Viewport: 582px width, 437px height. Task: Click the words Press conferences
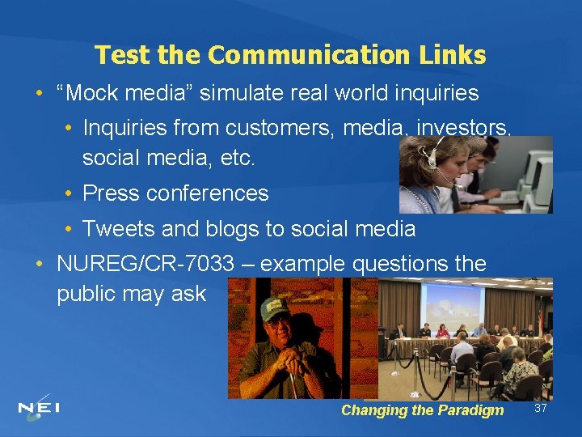click(x=175, y=193)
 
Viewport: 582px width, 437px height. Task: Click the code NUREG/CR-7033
click(x=145, y=264)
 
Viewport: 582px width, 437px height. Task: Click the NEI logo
click(x=40, y=408)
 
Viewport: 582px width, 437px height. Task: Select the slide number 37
click(x=541, y=408)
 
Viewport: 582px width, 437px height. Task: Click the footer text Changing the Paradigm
click(x=422, y=410)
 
